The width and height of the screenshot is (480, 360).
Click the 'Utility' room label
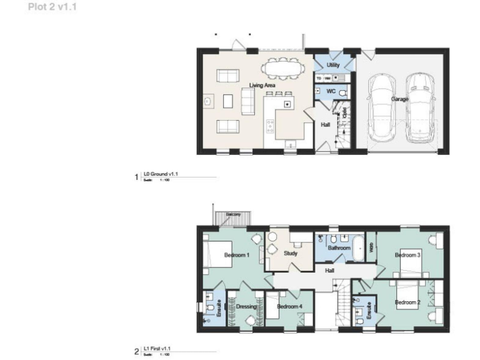click(x=333, y=65)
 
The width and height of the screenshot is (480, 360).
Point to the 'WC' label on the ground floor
click(x=332, y=91)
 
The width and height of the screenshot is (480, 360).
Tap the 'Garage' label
click(x=400, y=99)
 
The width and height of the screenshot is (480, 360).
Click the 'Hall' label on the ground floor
click(x=325, y=125)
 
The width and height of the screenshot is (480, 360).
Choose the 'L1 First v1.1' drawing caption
click(x=156, y=347)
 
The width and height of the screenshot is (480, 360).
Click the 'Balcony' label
click(x=233, y=214)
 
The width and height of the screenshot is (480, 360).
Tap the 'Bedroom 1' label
click(x=237, y=255)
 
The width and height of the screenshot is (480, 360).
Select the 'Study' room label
click(x=289, y=254)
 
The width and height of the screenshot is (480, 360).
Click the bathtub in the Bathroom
click(x=357, y=247)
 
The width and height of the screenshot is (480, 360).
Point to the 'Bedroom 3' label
click(x=407, y=255)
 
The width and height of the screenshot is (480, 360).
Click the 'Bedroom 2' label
click(x=407, y=302)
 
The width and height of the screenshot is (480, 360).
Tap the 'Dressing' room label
click(x=246, y=307)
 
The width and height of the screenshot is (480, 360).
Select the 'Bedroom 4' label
click(x=289, y=307)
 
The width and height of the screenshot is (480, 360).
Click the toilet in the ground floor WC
click(x=342, y=92)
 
